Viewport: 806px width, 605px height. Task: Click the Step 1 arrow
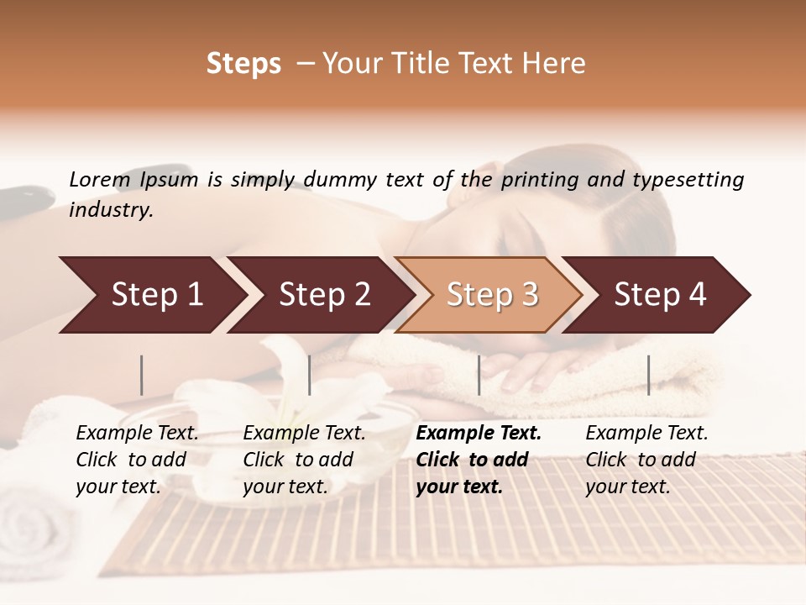[151, 295]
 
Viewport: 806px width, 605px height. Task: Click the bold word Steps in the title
[243, 63]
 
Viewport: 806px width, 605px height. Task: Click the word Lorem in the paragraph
[99, 179]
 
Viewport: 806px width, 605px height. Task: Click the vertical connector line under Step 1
[142, 375]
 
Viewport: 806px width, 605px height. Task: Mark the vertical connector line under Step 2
[310, 375]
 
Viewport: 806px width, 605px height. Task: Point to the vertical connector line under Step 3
[479, 375]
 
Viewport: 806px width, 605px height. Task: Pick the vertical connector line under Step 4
[648, 375]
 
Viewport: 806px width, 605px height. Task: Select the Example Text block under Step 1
[137, 460]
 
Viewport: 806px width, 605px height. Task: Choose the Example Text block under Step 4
[646, 460]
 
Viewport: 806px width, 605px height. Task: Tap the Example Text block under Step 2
[304, 460]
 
